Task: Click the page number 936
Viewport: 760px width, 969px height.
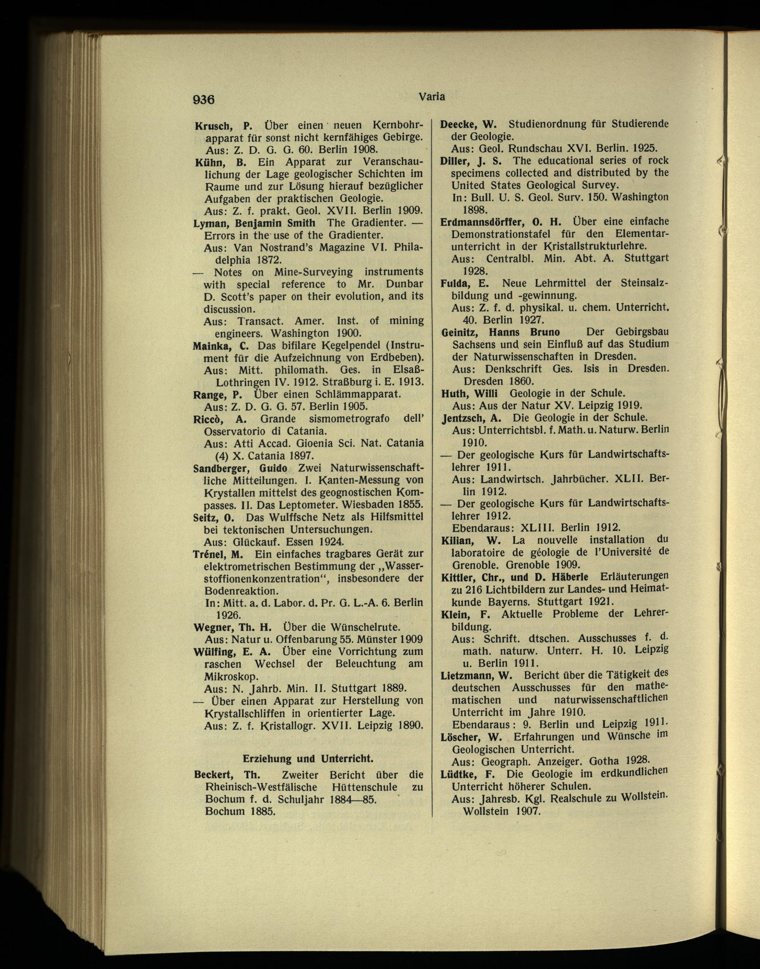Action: pyautogui.click(x=203, y=99)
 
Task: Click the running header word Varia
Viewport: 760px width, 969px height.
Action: pyautogui.click(x=432, y=96)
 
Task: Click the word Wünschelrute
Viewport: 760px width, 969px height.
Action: pyautogui.click(x=364, y=628)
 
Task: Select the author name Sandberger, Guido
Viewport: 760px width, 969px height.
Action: pyautogui.click(x=240, y=468)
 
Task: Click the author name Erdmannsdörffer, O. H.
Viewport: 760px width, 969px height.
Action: pyautogui.click(x=502, y=221)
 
